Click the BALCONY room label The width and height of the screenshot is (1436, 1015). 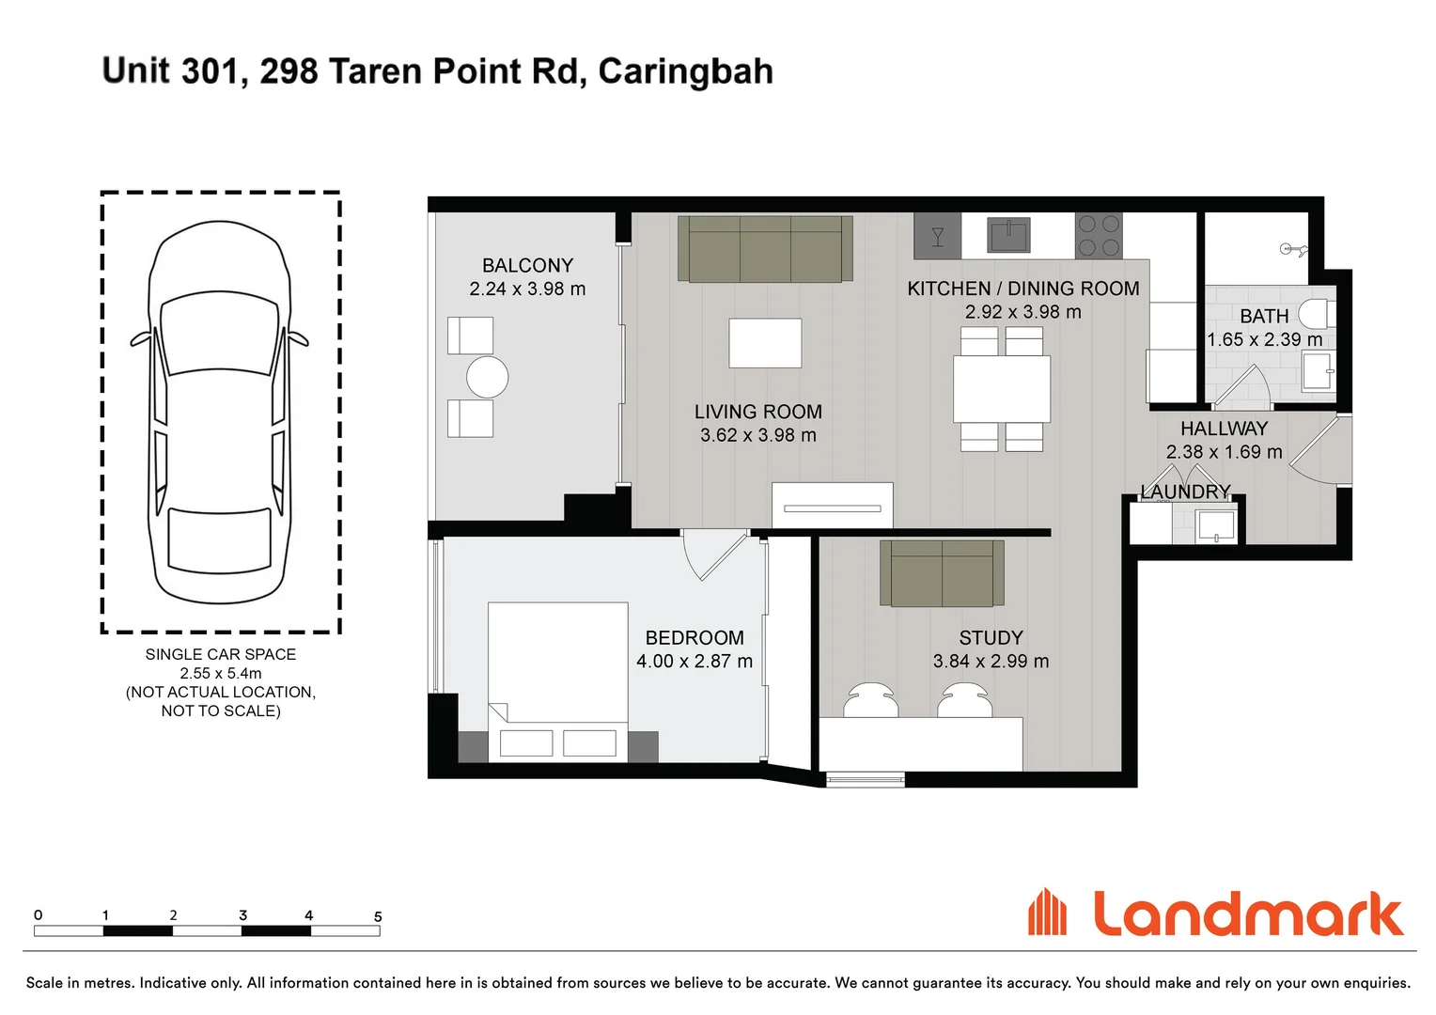click(527, 266)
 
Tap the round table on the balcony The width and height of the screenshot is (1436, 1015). click(487, 377)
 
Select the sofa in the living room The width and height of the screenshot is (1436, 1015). click(765, 249)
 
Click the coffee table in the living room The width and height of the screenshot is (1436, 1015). click(765, 343)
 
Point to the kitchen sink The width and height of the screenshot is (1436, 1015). click(1008, 234)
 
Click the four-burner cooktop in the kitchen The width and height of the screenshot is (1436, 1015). click(1099, 236)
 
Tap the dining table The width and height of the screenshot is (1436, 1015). click(1002, 389)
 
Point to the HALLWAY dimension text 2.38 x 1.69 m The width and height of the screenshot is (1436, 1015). click(1224, 452)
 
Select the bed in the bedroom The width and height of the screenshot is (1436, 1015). click(557, 677)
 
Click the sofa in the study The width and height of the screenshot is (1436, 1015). click(942, 572)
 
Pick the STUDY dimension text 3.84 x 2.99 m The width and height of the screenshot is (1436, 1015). click(991, 662)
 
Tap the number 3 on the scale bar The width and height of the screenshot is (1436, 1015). click(242, 914)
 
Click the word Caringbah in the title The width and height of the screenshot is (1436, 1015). click(685, 71)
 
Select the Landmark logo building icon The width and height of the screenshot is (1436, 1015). click(1047, 913)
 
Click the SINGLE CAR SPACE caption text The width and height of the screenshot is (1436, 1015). click(221, 654)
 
